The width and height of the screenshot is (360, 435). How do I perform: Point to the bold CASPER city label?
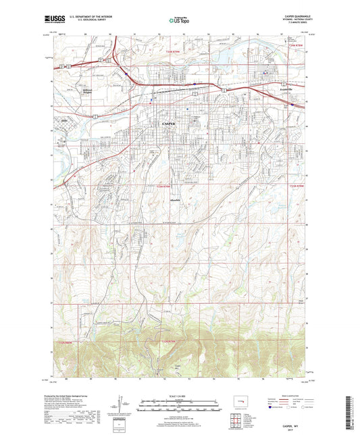tap(168, 124)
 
